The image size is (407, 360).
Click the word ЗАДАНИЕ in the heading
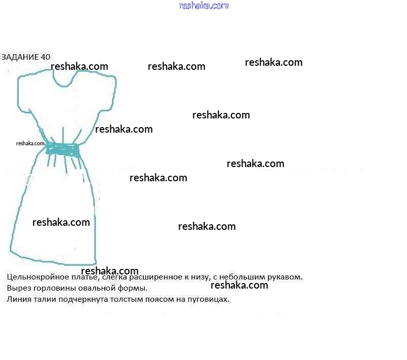[20, 57]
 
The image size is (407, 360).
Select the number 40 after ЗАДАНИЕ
[45, 57]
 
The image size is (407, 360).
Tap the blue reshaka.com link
[203, 6]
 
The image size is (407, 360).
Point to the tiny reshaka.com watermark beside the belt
[30, 143]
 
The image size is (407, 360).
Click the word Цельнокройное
[35, 277]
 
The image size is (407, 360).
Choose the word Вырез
[18, 288]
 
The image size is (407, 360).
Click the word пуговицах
[208, 299]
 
